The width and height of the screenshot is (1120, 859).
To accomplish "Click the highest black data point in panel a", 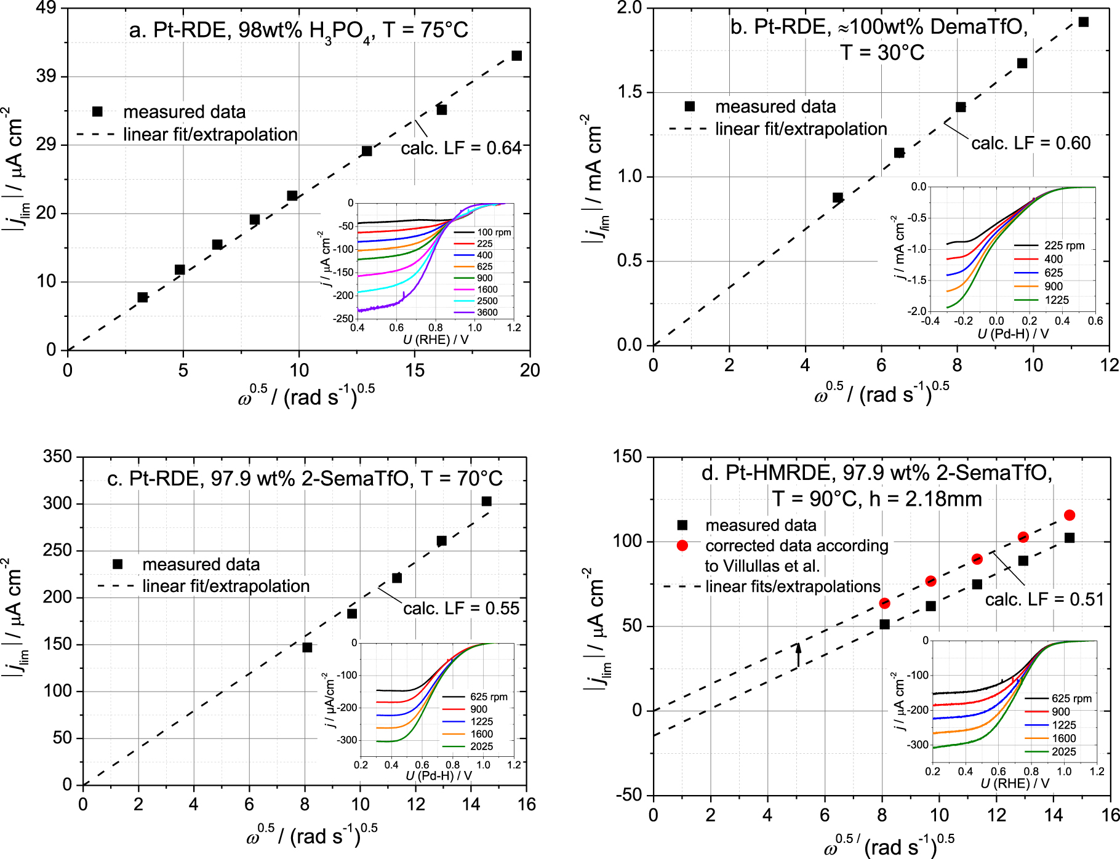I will tap(517, 56).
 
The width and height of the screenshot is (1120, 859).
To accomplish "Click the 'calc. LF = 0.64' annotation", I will tap(461, 148).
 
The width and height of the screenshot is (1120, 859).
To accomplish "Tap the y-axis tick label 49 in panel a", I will tap(46, 8).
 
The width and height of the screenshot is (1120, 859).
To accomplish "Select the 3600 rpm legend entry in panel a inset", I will tap(487, 313).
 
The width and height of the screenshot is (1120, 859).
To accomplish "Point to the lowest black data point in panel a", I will tap(143, 297).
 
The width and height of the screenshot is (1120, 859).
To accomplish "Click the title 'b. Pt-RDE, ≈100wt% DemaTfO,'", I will tap(879, 27).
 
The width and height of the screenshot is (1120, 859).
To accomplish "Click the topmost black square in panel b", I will tap(1084, 22).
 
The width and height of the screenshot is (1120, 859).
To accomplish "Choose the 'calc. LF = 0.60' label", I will tap(1031, 143).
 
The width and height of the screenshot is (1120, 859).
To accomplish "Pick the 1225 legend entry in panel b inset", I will tap(1057, 300).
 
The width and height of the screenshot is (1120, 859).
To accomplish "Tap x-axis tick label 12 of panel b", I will tap(1110, 366).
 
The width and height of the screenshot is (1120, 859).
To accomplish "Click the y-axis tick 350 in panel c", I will tap(58, 457).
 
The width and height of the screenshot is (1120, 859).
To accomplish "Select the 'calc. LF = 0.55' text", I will tap(462, 609).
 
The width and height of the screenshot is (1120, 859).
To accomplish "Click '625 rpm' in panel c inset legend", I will tap(489, 697).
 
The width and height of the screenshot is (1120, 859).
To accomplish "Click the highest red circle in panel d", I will tap(1070, 515).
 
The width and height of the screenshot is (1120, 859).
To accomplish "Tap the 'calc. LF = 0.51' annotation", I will tap(1044, 599).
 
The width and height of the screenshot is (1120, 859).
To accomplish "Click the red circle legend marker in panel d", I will tap(682, 546).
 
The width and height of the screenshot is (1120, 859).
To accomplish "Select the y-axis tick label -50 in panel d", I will tap(628, 795).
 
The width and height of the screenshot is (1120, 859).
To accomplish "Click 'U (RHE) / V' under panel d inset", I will tap(1015, 783).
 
